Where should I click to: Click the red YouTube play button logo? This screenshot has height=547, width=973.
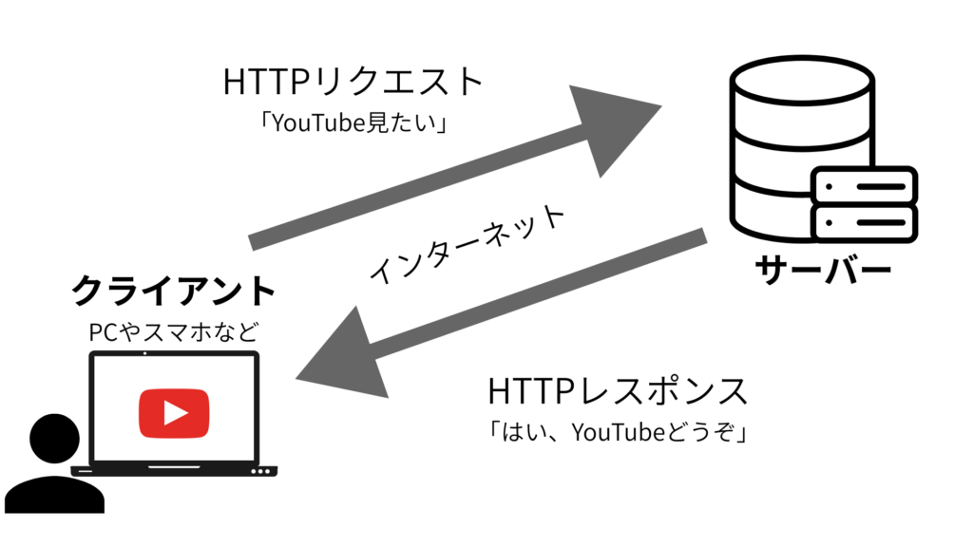[x=174, y=413]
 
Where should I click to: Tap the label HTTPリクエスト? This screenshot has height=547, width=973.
[x=353, y=82]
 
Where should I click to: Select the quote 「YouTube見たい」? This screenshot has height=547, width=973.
[x=353, y=123]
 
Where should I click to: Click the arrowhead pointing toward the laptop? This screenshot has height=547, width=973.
[x=344, y=357]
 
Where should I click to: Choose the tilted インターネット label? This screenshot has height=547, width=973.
[x=467, y=243]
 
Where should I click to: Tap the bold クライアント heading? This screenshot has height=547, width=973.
[x=174, y=291]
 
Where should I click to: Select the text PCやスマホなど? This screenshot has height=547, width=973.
[x=174, y=332]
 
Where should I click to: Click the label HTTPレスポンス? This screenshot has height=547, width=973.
[x=618, y=390]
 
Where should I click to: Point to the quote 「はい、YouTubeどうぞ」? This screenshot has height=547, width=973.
[x=618, y=432]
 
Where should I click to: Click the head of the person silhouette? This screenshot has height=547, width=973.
[x=54, y=439]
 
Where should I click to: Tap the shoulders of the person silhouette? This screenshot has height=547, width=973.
[x=54, y=495]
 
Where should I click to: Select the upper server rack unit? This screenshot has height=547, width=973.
[x=865, y=185]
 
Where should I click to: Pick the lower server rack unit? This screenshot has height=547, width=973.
[x=865, y=222]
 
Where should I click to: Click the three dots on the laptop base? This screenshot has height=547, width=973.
[x=260, y=472]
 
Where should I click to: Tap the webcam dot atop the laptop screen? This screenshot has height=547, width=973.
[x=145, y=353]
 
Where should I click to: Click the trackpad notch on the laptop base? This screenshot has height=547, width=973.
[x=174, y=467]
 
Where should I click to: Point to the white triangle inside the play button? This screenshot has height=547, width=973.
[x=175, y=413]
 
